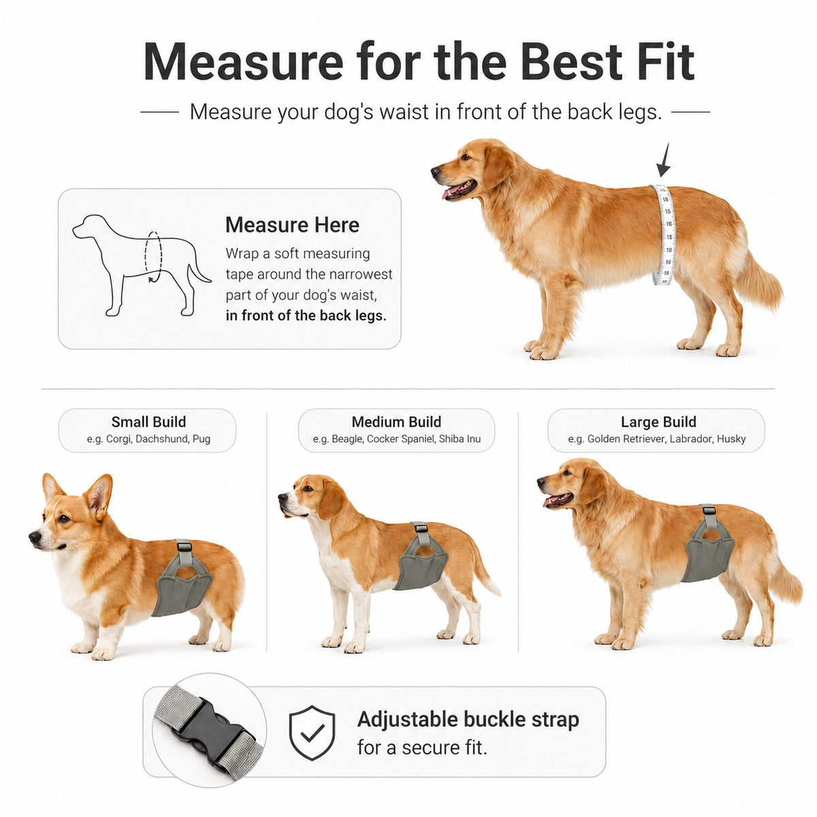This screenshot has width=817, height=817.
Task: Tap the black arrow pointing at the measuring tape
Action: tap(664, 161)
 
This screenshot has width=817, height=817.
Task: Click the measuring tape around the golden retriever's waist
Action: tap(662, 234)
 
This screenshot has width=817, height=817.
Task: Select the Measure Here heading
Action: tap(292, 225)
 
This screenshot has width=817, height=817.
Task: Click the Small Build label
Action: tap(148, 422)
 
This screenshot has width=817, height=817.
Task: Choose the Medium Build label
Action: tap(396, 422)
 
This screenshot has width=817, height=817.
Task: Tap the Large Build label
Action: tap(658, 422)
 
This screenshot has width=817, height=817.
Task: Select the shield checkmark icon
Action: tap(312, 733)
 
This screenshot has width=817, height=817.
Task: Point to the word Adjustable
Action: tap(407, 720)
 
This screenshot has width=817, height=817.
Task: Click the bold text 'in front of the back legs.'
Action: tap(306, 315)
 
